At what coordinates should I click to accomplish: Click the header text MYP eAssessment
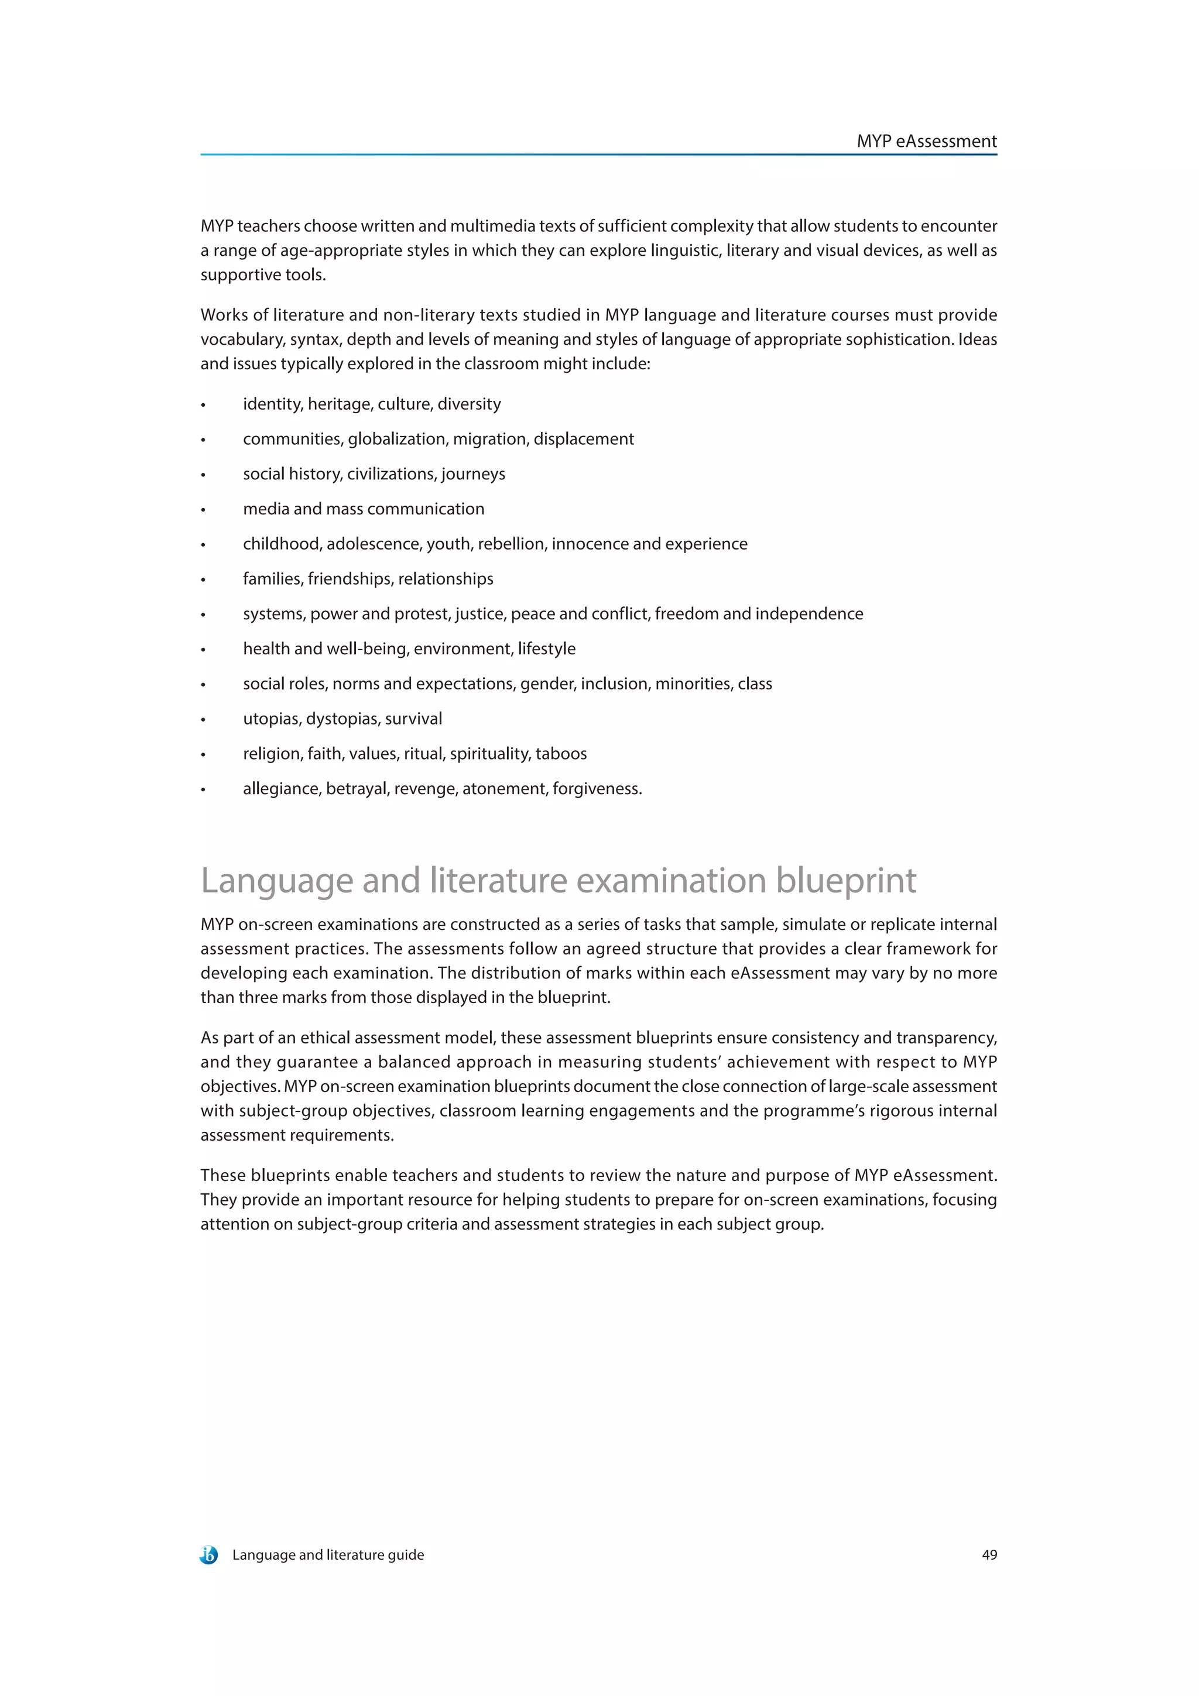coord(926,141)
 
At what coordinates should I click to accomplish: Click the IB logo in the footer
coord(208,1555)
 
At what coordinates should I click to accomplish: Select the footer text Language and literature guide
coord(328,1555)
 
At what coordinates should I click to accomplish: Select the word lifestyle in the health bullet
coord(546,648)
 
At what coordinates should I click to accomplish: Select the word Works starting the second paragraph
coord(224,315)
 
